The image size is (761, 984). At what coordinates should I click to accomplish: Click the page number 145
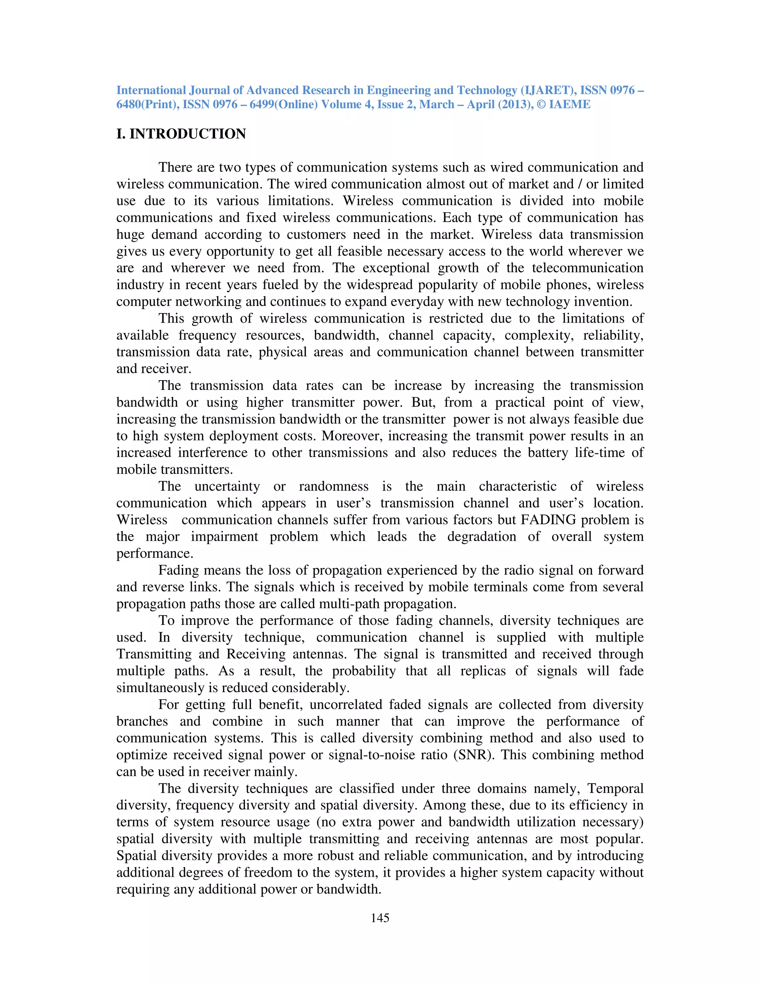tap(380, 918)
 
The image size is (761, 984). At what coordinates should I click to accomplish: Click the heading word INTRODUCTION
tap(188, 134)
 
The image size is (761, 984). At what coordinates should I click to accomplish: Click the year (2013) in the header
tap(517, 105)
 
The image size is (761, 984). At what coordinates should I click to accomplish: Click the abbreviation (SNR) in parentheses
tap(474, 755)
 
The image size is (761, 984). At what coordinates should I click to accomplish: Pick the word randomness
tap(334, 486)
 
